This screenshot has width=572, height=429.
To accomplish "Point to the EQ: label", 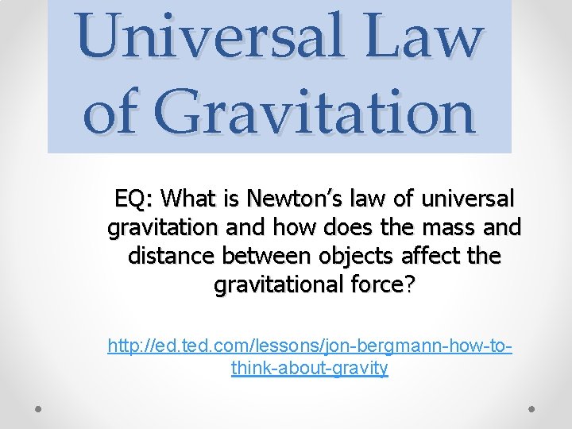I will pos(133,197).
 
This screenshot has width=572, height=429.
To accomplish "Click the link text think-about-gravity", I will pos(310,368).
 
